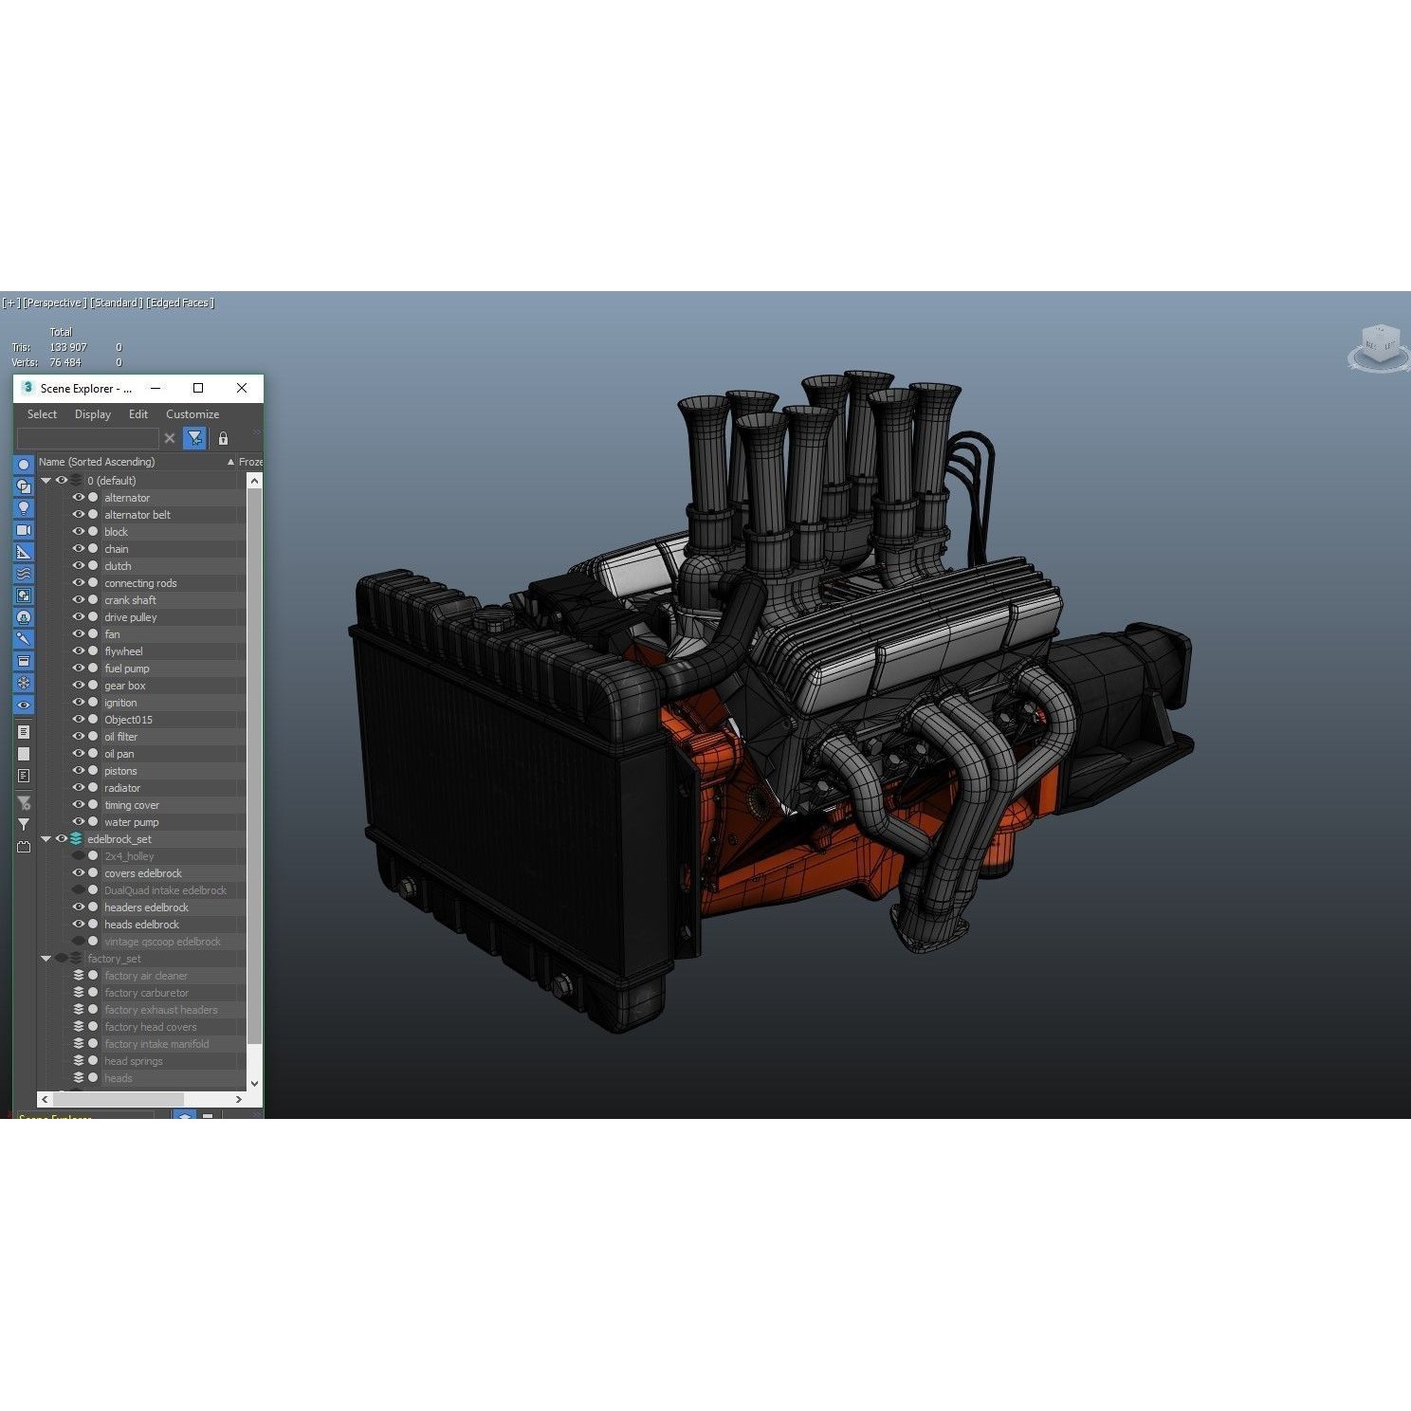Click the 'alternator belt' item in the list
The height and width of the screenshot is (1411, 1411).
tap(137, 515)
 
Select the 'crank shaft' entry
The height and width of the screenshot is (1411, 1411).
tap(130, 600)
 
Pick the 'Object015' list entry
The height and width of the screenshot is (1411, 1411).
tap(128, 720)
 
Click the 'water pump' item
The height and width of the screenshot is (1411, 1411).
tap(131, 822)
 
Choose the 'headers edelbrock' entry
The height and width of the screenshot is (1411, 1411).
tap(146, 907)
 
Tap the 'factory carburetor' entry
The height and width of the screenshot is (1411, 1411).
tap(146, 993)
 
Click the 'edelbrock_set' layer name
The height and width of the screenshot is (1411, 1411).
tap(119, 839)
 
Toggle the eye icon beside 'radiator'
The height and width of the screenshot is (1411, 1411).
tap(79, 788)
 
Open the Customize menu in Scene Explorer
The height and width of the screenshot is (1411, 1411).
tap(192, 414)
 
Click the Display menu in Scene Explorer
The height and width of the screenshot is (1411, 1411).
tap(93, 414)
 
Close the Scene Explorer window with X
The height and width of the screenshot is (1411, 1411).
tap(242, 388)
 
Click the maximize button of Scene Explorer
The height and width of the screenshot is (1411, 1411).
tap(198, 388)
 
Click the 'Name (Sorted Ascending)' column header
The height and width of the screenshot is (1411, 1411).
tap(97, 462)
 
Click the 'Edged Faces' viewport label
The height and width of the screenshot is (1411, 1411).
tap(180, 303)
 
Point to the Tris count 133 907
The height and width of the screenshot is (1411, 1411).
tap(68, 347)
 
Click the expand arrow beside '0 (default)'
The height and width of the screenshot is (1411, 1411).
tap(46, 481)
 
